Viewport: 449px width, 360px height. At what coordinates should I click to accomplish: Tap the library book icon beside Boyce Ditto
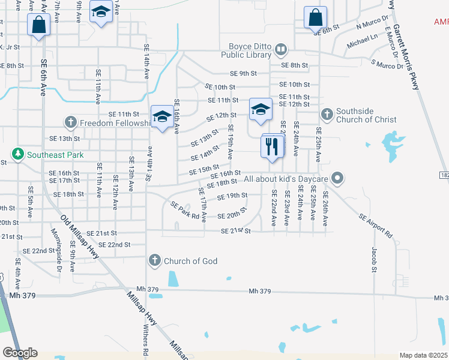[x=280, y=49]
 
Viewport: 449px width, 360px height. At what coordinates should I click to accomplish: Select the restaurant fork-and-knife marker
[x=272, y=146]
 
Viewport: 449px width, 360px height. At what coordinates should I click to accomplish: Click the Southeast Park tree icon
[x=18, y=154]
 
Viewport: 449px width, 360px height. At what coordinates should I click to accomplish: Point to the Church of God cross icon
[x=154, y=260]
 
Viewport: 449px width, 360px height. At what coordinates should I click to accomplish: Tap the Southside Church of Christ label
[x=366, y=115]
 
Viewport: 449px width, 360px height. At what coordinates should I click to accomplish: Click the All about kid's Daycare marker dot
[x=337, y=178]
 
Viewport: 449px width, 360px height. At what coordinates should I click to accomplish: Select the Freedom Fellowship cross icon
[x=71, y=123]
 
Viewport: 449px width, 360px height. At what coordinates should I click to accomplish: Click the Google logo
[x=20, y=353]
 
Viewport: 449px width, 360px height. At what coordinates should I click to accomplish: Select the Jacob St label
[x=373, y=259]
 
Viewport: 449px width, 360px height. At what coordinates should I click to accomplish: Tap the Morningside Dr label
[x=55, y=251]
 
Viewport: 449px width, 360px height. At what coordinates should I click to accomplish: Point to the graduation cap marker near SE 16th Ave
[x=162, y=118]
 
